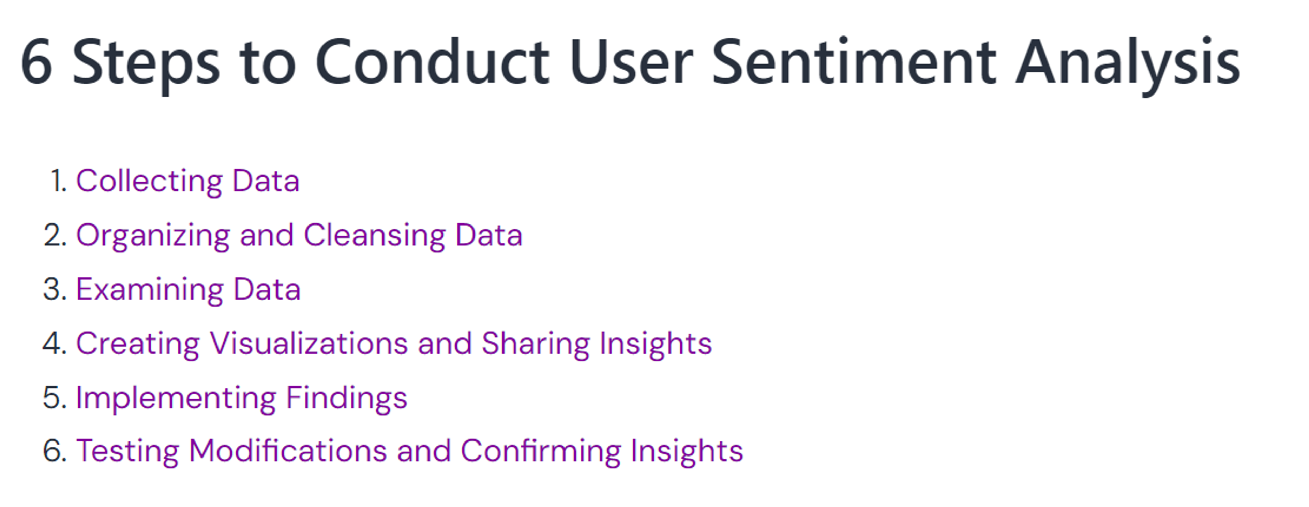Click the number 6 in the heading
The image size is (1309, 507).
36,62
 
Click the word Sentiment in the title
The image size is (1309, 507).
853,62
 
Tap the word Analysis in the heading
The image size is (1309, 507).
1128,62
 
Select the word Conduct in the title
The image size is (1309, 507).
432,62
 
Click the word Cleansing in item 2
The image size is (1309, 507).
375,235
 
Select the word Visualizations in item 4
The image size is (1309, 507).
309,344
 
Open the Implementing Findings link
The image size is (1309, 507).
241,398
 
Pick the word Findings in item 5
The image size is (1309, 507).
347,398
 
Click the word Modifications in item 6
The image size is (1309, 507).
288,452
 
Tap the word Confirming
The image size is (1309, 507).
541,452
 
